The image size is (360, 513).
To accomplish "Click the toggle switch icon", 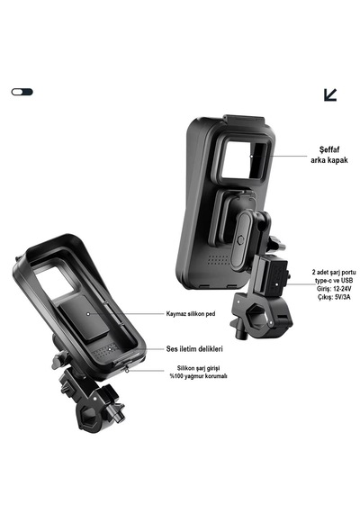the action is pos(22,92).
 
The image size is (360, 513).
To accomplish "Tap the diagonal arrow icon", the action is pos(330,94).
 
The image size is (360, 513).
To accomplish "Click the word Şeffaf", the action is pos(329,149).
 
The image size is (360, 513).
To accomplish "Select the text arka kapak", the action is pos(329,160).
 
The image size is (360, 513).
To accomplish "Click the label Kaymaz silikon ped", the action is pos(191,314).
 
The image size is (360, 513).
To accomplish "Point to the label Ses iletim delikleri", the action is pos(194,349).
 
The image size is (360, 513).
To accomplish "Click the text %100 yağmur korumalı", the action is pos(198,376).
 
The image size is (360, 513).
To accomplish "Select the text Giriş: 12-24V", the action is pos(334,289).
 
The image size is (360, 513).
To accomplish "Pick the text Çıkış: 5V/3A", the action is pos(334,297).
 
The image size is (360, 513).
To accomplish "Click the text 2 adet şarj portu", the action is pos(334,272).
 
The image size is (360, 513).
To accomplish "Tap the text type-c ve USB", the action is pos(334,281).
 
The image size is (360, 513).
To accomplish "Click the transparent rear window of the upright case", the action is pos(244,159).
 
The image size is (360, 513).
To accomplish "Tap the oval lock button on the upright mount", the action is pos(241,240).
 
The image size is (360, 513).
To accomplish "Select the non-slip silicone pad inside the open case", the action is pos(85,318).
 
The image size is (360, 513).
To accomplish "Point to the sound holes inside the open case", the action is pos(105,350).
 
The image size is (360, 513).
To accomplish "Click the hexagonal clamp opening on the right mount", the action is pos(256,318).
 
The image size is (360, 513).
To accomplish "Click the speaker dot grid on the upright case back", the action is pos(218,260).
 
